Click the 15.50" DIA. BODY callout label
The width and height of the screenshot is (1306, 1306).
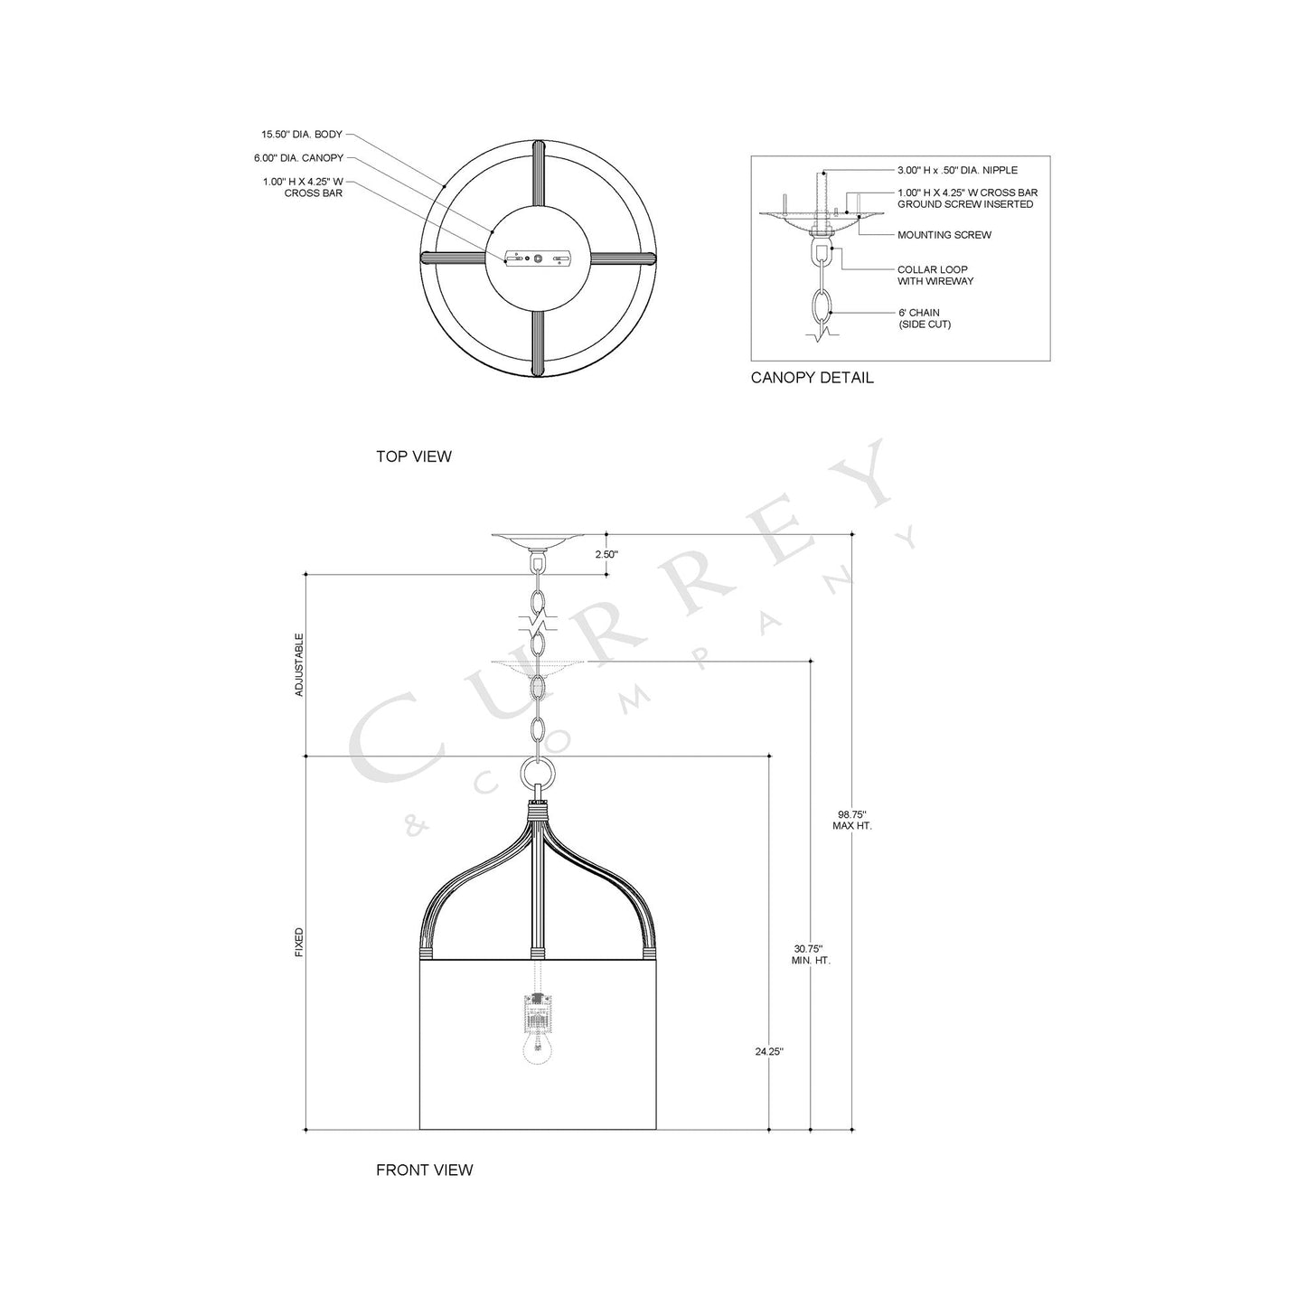pyautogui.click(x=302, y=135)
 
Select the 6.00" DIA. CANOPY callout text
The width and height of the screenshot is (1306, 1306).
pyautogui.click(x=298, y=158)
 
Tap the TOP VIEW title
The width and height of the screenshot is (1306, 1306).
pyautogui.click(x=413, y=456)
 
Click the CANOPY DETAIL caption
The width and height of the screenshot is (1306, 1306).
pyautogui.click(x=812, y=378)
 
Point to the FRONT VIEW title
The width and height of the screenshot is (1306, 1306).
pyautogui.click(x=424, y=1170)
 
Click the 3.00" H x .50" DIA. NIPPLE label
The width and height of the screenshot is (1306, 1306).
pyautogui.click(x=957, y=170)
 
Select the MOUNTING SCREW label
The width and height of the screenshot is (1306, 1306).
pyautogui.click(x=944, y=235)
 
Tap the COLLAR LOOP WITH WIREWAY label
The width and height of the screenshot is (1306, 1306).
pyautogui.click(x=935, y=276)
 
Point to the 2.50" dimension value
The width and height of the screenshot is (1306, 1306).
pyautogui.click(x=606, y=555)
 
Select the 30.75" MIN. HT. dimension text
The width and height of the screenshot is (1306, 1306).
pyautogui.click(x=810, y=954)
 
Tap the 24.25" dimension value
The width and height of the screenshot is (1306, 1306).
pyautogui.click(x=769, y=1051)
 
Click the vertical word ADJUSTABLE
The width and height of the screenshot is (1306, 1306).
pyautogui.click(x=299, y=664)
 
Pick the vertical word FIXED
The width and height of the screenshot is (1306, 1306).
pyautogui.click(x=299, y=943)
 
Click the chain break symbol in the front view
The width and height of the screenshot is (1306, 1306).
pyautogui.click(x=537, y=624)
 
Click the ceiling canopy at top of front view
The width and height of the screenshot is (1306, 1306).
pyautogui.click(x=539, y=540)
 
